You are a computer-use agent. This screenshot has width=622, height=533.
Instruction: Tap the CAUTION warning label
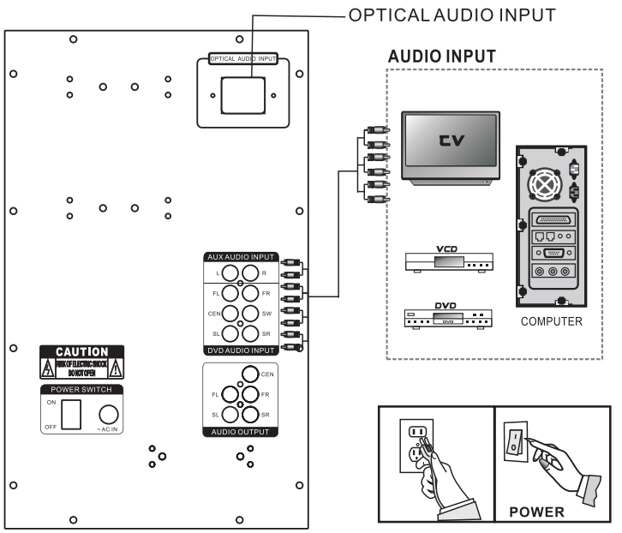(81, 362)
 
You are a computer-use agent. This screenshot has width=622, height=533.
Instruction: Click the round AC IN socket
(108, 413)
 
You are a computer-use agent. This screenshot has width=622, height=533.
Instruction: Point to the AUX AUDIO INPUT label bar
(242, 256)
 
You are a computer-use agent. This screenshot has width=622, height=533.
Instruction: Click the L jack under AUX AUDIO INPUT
(227, 272)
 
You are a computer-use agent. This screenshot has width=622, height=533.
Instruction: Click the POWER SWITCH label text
(81, 387)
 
